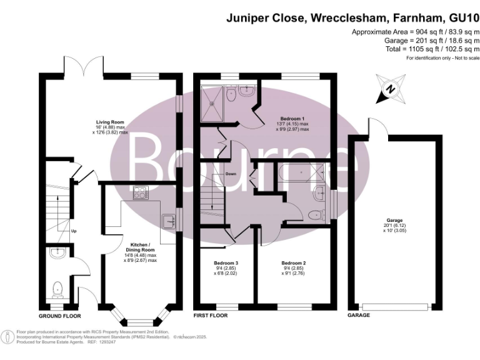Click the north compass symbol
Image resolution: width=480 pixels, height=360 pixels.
[x=390, y=89]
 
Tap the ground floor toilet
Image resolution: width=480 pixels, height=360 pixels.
[x=58, y=288]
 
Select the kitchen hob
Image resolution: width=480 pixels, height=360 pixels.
[x=139, y=193]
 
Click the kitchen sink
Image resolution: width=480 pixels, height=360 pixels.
[x=167, y=221]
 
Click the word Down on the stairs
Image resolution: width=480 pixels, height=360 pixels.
[x=231, y=174]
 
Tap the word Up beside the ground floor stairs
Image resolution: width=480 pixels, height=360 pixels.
[x=74, y=231]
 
